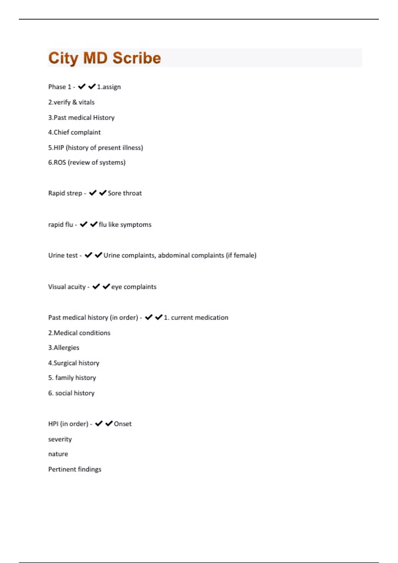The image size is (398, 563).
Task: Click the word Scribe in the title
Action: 136,58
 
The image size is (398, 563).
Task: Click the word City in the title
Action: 63,58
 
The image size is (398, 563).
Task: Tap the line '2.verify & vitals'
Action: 71,102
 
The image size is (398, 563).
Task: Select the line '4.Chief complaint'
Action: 74,132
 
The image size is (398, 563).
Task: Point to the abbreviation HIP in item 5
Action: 59,148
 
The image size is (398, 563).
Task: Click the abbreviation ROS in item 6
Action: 60,163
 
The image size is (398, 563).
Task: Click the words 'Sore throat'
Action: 125,193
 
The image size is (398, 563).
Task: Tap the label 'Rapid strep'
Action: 65,193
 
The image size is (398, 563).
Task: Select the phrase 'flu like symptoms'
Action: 125,225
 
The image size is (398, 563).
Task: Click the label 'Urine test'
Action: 63,255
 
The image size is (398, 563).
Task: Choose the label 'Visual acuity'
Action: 67,287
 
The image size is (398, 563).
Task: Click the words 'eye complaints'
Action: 134,287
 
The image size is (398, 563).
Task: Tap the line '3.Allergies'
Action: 64,348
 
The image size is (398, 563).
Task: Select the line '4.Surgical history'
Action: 74,363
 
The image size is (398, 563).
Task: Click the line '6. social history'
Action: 71,393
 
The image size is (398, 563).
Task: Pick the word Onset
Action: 123,424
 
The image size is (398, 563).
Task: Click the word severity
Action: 60,439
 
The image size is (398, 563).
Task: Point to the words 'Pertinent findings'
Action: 75,469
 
